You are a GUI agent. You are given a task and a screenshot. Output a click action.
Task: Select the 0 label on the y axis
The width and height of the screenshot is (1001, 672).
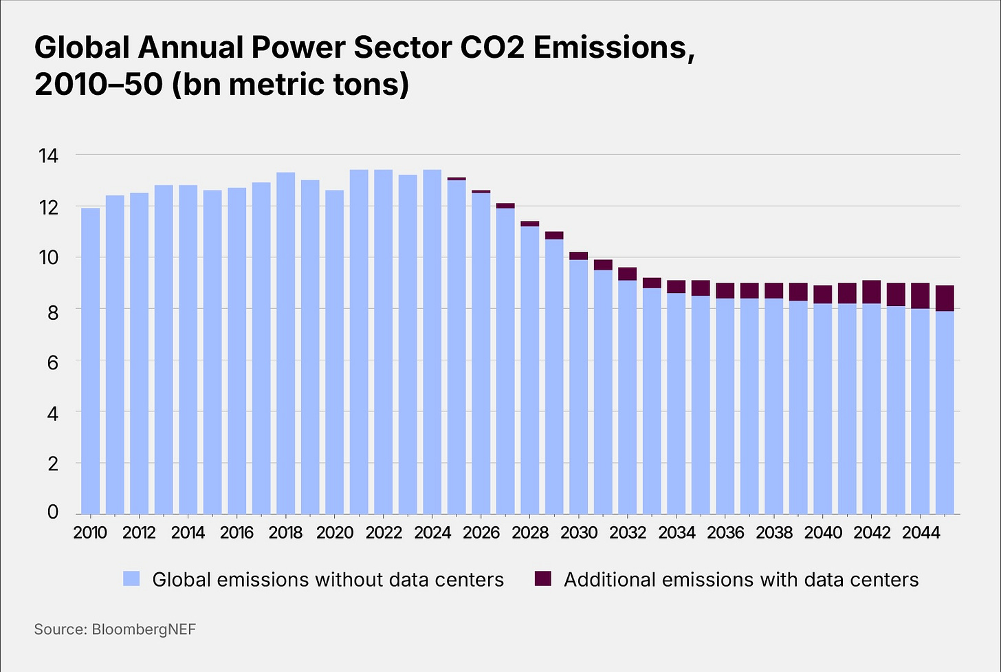pyautogui.click(x=52, y=512)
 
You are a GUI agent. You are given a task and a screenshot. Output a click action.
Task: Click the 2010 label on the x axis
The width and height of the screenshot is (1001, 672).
pyautogui.click(x=90, y=532)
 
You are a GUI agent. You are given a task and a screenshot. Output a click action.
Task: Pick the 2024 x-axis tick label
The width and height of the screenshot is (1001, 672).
pyautogui.click(x=432, y=532)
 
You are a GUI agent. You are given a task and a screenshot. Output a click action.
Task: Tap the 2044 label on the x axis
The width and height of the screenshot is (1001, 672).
pyautogui.click(x=921, y=532)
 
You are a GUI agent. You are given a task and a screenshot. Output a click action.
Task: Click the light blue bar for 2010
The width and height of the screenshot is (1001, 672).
pyautogui.click(x=90, y=361)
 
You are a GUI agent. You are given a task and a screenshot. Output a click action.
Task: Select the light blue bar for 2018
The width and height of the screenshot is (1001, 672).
pyautogui.click(x=285, y=344)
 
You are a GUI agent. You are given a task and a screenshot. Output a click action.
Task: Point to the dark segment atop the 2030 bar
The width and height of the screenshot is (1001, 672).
pyautogui.click(x=578, y=256)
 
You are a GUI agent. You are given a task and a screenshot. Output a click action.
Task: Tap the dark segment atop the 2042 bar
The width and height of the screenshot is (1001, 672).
pyautogui.click(x=871, y=292)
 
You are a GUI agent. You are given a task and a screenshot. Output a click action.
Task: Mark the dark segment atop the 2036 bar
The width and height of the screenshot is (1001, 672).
pyautogui.click(x=725, y=290)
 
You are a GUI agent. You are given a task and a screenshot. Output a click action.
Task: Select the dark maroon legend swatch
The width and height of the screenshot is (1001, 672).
pyautogui.click(x=542, y=579)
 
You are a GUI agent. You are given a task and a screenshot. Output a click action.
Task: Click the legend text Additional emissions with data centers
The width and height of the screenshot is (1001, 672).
pyautogui.click(x=740, y=580)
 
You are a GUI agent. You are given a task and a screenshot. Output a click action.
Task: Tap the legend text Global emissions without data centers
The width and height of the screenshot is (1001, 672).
pyautogui.click(x=328, y=580)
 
